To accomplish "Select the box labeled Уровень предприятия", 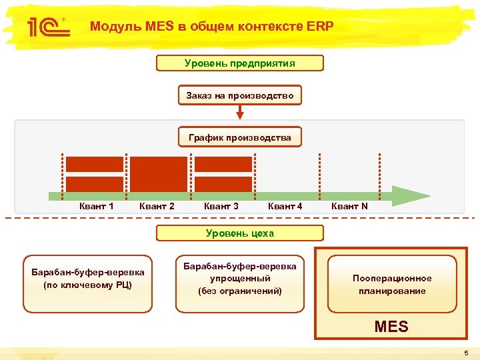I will coord(239,63).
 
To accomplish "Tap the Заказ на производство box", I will coord(239,95).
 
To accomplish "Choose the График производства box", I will coord(239,137).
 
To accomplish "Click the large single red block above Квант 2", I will coord(159,174).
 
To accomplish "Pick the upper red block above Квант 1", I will coord(95,164).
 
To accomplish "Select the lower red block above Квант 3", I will coord(223,184).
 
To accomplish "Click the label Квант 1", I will coord(96,207).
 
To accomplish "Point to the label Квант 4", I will coord(285,207).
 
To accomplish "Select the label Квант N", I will coord(349,207).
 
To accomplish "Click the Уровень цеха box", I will coord(239,233).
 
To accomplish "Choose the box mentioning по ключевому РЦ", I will coord(87,284).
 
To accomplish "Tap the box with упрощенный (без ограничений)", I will coord(239,284).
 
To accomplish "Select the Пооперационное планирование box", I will coord(392,284).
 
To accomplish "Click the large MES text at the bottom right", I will coord(391,327).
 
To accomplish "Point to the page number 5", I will coord(467,353).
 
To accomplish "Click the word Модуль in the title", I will coord(111,27).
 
